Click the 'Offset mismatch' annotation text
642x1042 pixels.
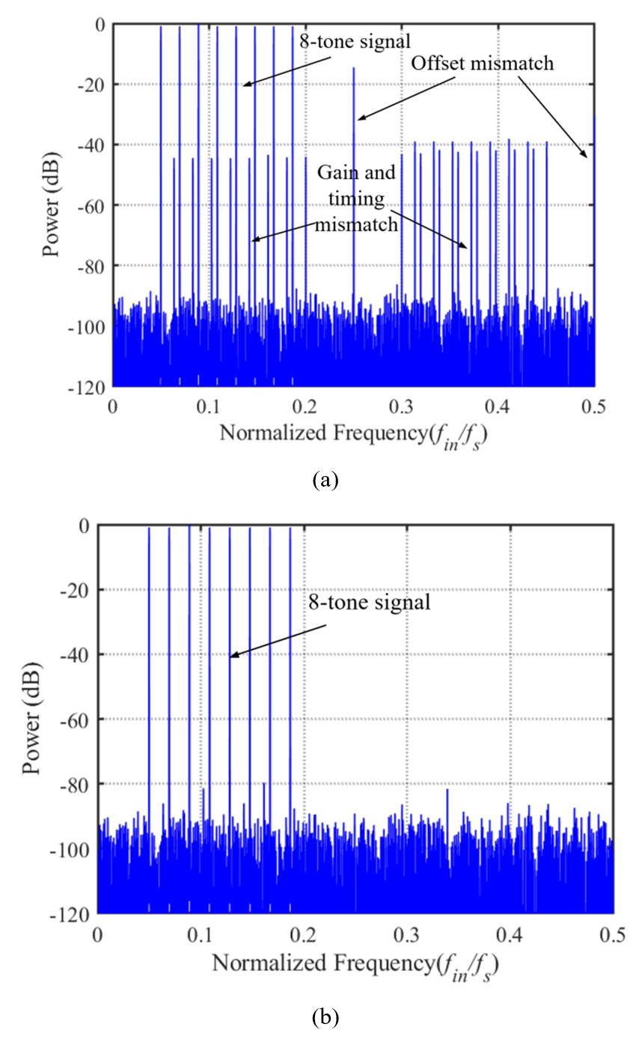(x=483, y=64)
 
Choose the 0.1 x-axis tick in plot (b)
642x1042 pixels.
(x=201, y=933)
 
